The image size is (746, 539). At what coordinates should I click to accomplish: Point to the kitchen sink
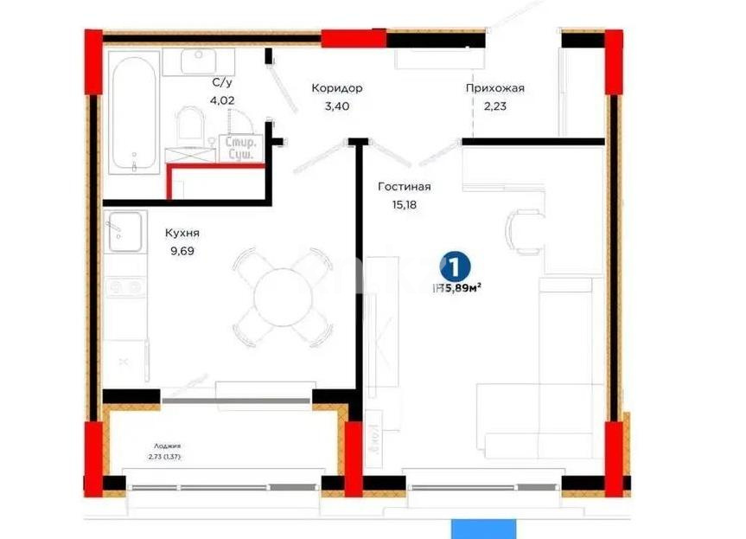tap(124, 231)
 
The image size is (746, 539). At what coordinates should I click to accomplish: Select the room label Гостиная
tap(405, 186)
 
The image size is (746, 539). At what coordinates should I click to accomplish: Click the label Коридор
tap(336, 88)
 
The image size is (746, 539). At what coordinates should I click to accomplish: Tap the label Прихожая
tap(494, 88)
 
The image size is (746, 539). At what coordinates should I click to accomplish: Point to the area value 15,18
tap(405, 205)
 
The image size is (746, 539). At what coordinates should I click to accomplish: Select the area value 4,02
tap(221, 100)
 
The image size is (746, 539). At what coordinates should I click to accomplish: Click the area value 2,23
tap(494, 106)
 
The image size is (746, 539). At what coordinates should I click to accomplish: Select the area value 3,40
tap(336, 106)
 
